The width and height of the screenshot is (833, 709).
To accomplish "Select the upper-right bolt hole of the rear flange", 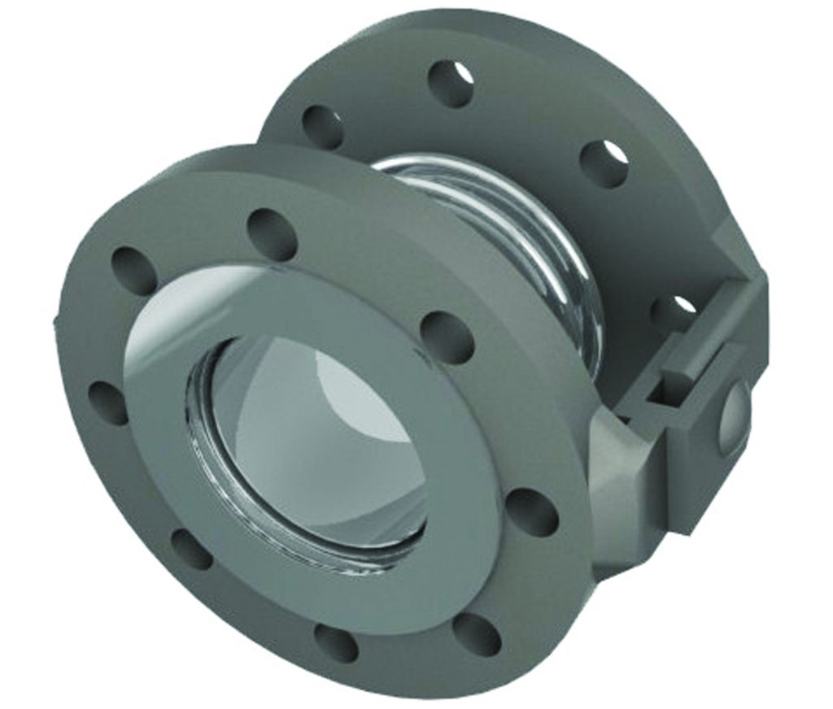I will pos(604,163).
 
